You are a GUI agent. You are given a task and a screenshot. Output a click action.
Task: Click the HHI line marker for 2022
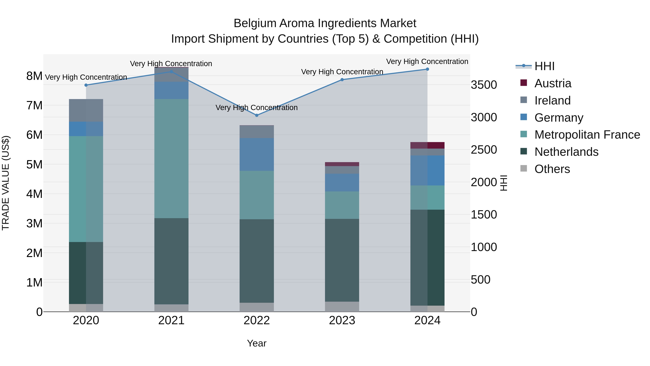257,115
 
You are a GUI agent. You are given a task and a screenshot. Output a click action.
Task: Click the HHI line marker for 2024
427,69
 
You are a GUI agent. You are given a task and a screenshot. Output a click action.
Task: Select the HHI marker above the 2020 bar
86,85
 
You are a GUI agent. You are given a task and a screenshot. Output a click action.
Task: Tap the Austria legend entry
553,83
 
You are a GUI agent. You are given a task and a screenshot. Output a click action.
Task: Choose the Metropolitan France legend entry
587,135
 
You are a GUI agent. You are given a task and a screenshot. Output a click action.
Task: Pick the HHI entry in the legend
544,66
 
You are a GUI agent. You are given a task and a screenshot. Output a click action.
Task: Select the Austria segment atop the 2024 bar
427,145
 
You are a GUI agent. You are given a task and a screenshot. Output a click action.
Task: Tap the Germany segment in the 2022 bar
257,154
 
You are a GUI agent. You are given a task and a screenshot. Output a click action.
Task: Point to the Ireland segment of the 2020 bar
86,110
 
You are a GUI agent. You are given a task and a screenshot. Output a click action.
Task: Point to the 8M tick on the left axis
34,76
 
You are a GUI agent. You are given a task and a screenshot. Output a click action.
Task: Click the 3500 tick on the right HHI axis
484,85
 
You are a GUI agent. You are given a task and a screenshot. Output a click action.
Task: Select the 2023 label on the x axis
342,320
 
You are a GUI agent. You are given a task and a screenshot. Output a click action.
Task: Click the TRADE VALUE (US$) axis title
6,183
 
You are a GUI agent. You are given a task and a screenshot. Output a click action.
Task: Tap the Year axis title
257,343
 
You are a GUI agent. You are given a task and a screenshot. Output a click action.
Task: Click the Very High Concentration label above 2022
257,108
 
